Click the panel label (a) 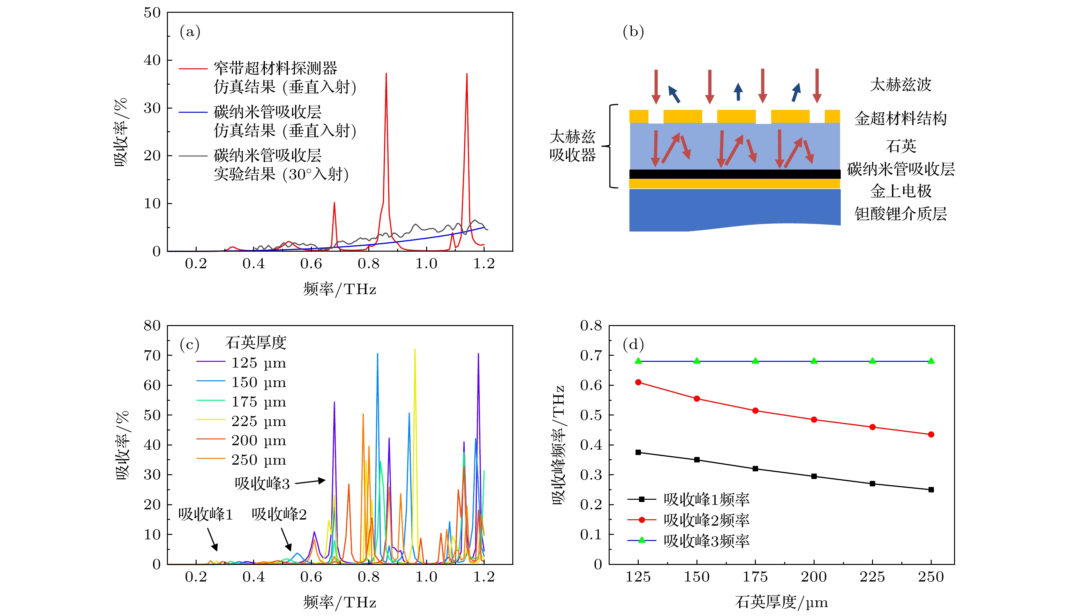[x=190, y=32]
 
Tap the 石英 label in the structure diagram [x=900, y=146]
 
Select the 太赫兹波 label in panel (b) [x=900, y=85]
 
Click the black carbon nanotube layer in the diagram [x=734, y=174]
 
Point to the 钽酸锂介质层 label [x=900, y=214]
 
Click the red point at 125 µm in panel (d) [x=638, y=383]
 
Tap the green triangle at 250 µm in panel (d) [x=931, y=361]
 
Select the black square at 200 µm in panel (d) [x=814, y=476]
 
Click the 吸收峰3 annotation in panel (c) [x=262, y=483]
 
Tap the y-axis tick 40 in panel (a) [x=152, y=60]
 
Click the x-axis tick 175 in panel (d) [x=755, y=577]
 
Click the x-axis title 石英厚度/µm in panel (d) [x=781, y=602]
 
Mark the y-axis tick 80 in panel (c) [x=152, y=325]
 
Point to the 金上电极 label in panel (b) [x=900, y=191]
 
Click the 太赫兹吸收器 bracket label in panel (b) [x=573, y=146]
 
